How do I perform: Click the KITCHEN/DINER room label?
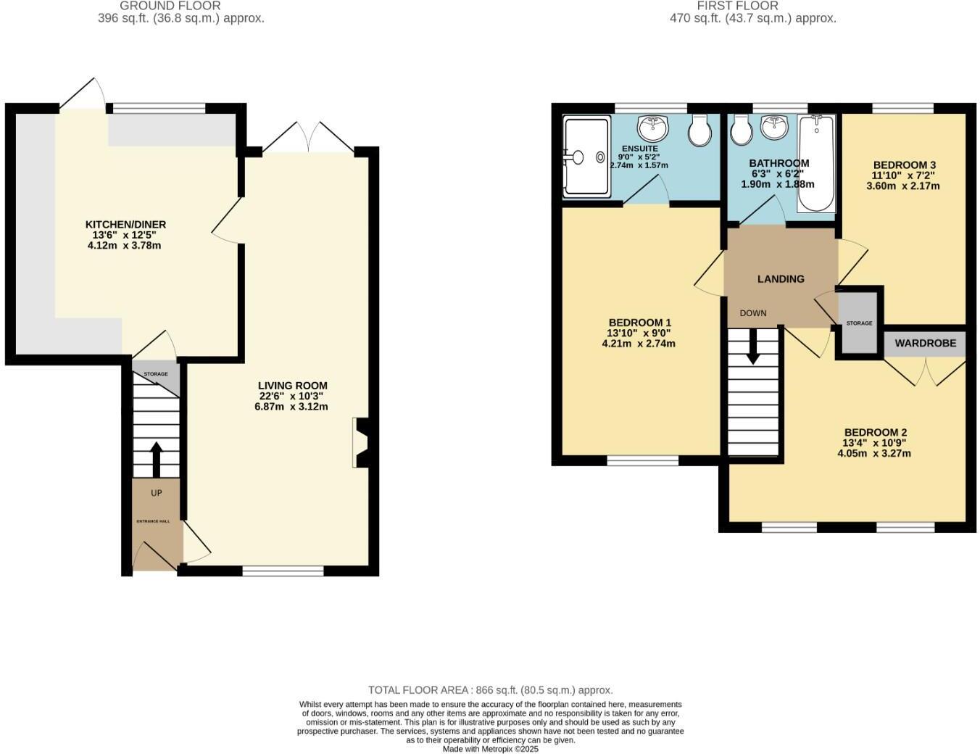[x=126, y=225]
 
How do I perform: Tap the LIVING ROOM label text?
[x=292, y=386]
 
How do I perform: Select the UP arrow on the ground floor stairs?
[x=156, y=458]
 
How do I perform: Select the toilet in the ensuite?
[x=699, y=129]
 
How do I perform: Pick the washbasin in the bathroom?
[x=774, y=128]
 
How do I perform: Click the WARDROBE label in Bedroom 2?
[x=925, y=343]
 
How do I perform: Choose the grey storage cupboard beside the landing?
[x=859, y=323]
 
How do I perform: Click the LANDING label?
[x=781, y=278]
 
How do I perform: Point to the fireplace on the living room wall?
[x=360, y=442]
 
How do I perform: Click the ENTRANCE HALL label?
[x=154, y=521]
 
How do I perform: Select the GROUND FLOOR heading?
[x=170, y=6]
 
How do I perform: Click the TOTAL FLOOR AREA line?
[x=490, y=690]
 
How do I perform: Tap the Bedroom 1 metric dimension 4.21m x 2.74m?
[x=639, y=344]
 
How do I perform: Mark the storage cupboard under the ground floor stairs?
[x=155, y=373]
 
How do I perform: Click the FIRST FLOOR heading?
[x=738, y=6]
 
